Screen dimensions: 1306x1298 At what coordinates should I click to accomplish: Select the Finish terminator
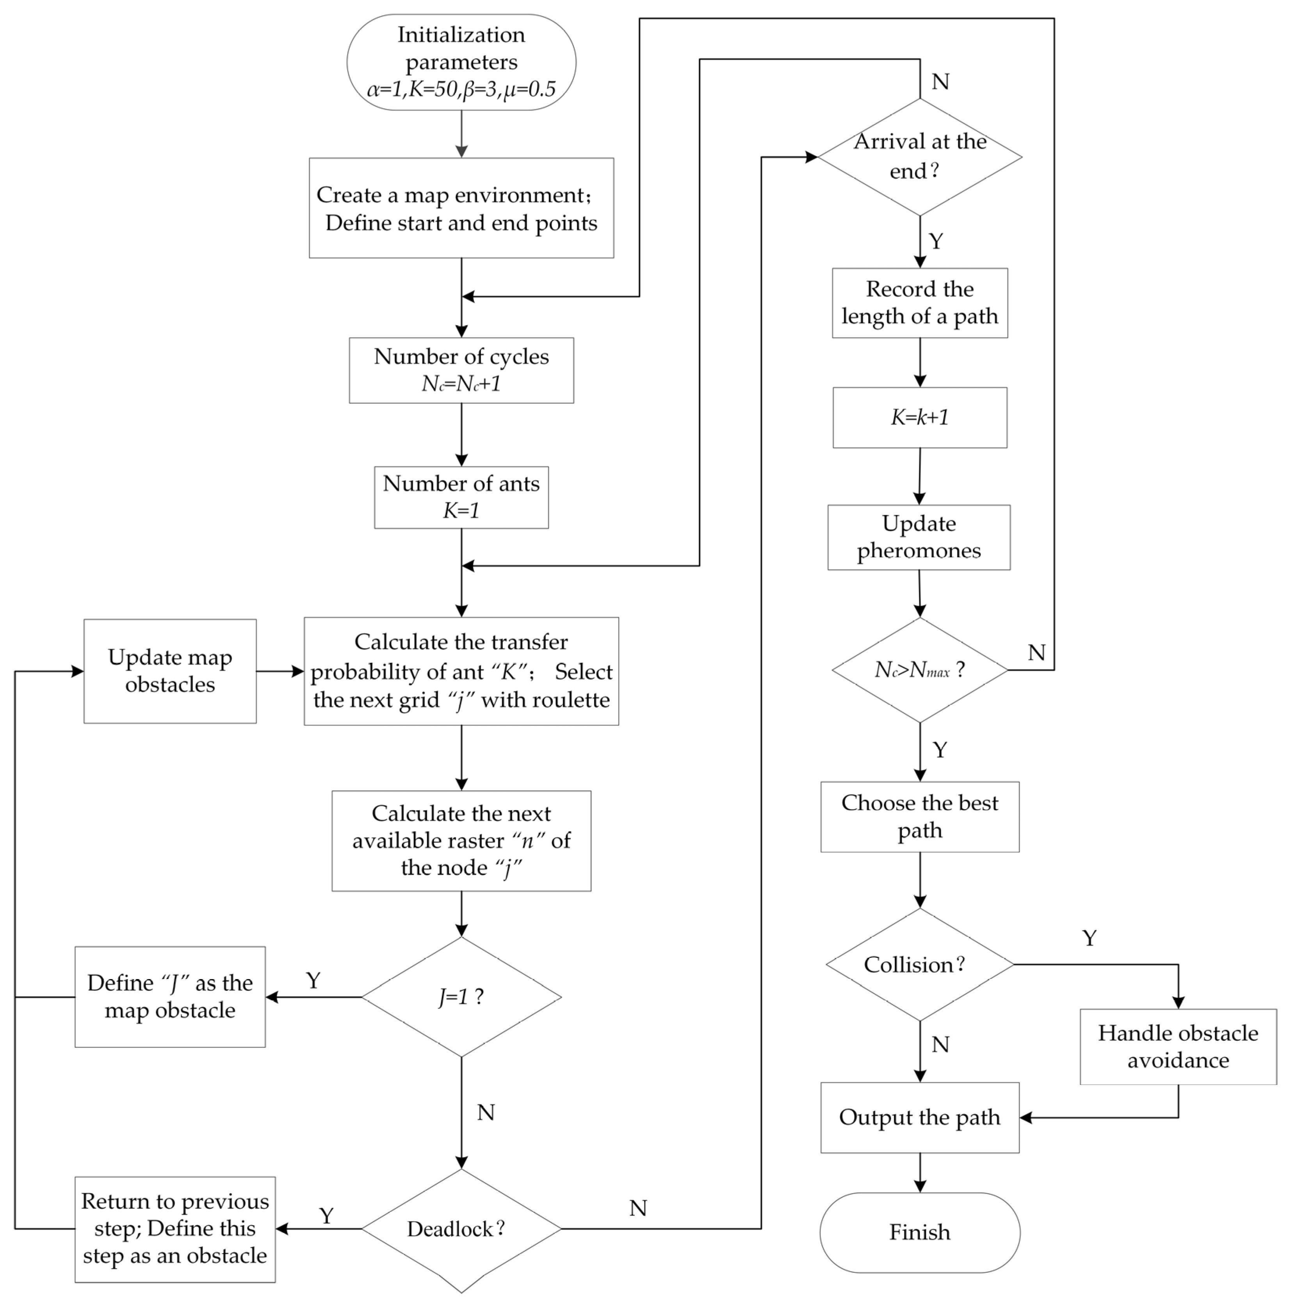pyautogui.click(x=920, y=1232)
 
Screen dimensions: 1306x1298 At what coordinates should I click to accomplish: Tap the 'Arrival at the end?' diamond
pyautogui.click(x=920, y=157)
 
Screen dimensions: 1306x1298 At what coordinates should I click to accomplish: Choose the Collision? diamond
pyautogui.click(x=920, y=964)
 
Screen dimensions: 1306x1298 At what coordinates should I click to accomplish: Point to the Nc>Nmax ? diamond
pyautogui.click(x=920, y=670)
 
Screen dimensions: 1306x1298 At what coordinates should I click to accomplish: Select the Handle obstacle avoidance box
pyautogui.click(x=1178, y=1046)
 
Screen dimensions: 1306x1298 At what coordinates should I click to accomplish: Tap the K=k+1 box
pyautogui.click(x=920, y=417)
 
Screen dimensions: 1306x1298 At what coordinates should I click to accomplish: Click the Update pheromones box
pyautogui.click(x=919, y=537)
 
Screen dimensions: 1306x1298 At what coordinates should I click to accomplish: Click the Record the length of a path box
pyautogui.click(x=920, y=303)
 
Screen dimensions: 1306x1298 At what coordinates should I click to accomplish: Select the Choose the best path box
pyautogui.click(x=920, y=817)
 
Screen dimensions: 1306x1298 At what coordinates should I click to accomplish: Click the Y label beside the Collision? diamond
pyautogui.click(x=1088, y=938)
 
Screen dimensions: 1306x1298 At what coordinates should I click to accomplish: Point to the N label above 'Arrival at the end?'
pyautogui.click(x=940, y=82)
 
